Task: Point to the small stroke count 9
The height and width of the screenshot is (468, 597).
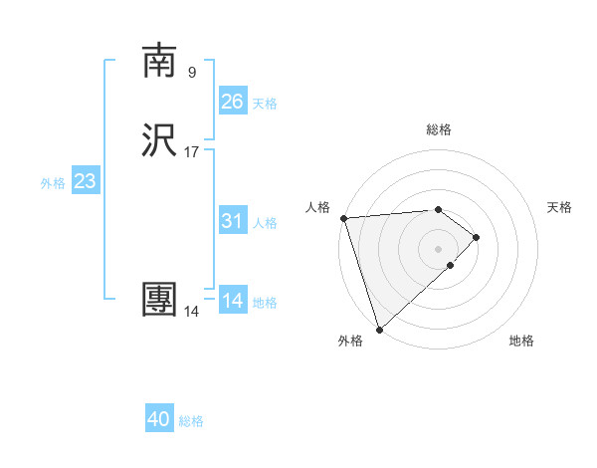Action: tap(192, 72)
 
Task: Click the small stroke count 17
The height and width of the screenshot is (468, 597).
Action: tap(192, 152)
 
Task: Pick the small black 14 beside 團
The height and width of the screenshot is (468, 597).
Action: tap(192, 312)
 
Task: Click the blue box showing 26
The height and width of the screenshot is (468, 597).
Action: tap(232, 102)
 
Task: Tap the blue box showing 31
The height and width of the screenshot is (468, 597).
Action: tap(232, 221)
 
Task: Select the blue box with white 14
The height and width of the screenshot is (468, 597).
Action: tap(232, 301)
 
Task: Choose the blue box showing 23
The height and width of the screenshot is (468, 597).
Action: tap(85, 181)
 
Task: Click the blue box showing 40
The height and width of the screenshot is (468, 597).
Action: tap(159, 419)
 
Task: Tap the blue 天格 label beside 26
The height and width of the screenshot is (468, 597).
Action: tap(265, 104)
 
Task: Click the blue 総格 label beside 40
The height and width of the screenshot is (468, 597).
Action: tap(191, 421)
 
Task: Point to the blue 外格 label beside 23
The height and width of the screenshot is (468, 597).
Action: tap(53, 183)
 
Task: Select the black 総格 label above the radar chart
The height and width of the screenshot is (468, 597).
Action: tap(439, 129)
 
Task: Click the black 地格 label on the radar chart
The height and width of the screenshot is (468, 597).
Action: tap(521, 341)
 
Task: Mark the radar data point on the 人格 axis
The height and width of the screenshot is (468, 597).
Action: tap(343, 218)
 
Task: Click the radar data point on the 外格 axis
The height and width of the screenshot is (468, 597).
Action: tap(379, 329)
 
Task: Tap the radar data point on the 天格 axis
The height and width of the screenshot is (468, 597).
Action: tap(477, 237)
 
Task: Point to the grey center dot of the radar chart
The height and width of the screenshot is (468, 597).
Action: tap(439, 248)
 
